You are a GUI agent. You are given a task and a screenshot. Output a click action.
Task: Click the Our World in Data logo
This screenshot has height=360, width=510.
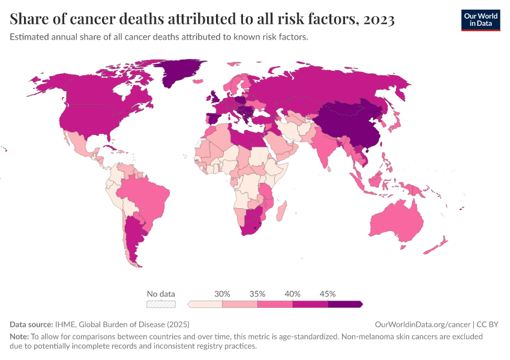coord(481,20)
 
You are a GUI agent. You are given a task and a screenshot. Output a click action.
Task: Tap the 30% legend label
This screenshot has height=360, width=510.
coord(223,294)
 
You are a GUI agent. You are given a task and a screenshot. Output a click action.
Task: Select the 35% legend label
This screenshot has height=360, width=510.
coord(257,294)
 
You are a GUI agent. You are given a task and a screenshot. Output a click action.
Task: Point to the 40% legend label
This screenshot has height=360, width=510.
coord(293,294)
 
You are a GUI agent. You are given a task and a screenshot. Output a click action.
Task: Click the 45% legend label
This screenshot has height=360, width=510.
coord(328,294)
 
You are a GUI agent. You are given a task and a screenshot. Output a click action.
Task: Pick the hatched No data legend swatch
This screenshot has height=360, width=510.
coord(161,304)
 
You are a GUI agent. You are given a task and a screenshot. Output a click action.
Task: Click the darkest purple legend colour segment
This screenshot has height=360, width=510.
coord(344,304)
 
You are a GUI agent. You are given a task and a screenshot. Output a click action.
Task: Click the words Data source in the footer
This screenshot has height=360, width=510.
coord(31,324)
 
